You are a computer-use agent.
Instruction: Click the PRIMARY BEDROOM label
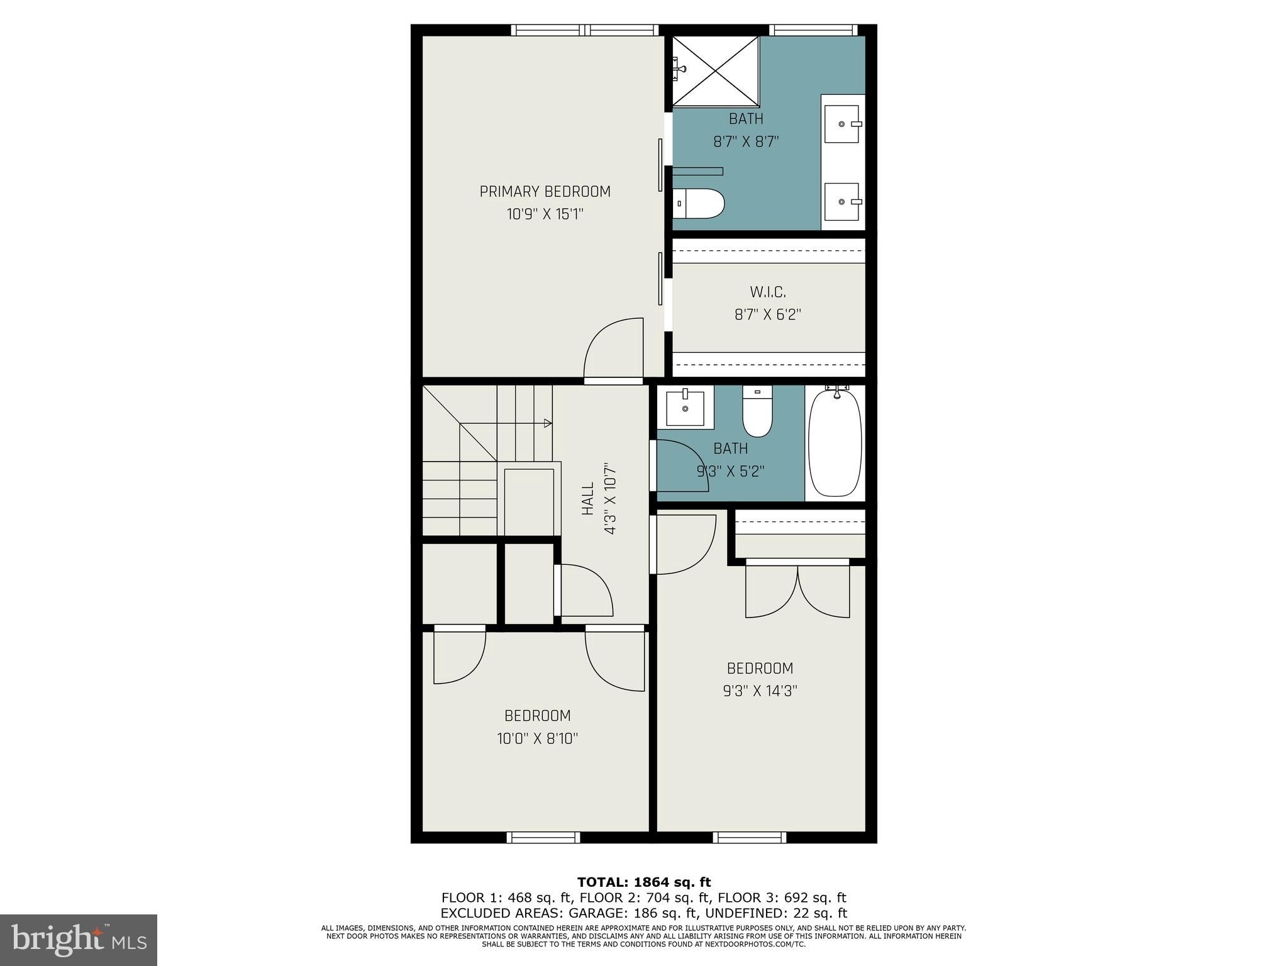[545, 191]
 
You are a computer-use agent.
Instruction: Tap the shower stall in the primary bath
[716, 70]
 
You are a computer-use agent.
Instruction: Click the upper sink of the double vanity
[841, 125]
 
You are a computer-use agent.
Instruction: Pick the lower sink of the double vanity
[841, 202]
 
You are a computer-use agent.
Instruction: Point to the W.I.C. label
[767, 292]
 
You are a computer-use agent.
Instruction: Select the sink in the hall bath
[685, 407]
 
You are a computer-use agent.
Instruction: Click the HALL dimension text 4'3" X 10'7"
[609, 500]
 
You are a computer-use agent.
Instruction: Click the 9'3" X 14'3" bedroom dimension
[760, 691]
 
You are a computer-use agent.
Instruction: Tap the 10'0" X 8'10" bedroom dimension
[537, 738]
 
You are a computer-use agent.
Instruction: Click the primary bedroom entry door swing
[613, 350]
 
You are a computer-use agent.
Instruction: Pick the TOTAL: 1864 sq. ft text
[643, 882]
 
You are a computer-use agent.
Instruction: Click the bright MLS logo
[79, 940]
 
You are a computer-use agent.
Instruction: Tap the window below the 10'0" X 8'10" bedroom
[543, 837]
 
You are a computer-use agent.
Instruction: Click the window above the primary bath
[813, 30]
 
